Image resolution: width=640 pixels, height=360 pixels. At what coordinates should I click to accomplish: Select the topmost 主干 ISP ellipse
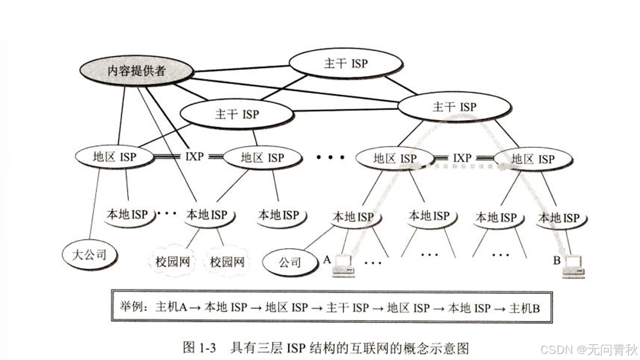point(346,63)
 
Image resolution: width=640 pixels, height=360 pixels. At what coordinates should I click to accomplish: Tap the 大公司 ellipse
point(89,253)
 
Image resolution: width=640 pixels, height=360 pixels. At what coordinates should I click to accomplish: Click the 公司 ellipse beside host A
point(290,263)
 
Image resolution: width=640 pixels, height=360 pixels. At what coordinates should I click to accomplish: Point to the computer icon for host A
point(343,266)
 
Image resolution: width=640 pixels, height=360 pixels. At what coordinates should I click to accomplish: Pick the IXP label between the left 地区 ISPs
point(194,157)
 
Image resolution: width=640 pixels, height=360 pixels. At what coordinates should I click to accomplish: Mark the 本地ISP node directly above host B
point(559,217)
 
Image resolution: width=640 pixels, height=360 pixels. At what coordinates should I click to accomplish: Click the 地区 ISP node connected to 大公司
point(114,157)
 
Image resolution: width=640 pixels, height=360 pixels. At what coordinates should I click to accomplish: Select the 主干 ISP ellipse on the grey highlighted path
point(454,107)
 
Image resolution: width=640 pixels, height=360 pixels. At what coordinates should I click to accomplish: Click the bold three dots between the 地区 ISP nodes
point(330,157)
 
